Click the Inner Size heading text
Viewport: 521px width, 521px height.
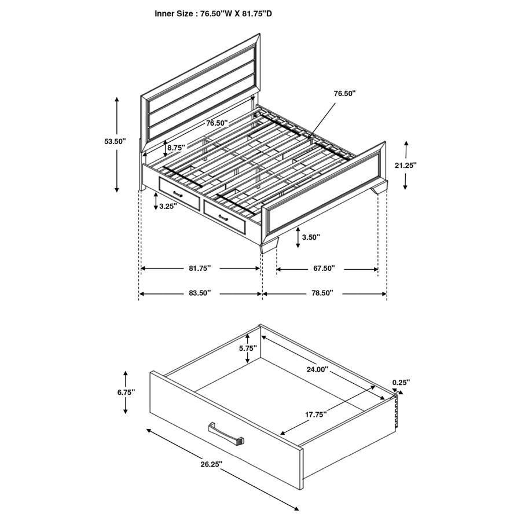pyautogui.click(x=213, y=13)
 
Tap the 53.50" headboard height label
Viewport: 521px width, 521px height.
pyautogui.click(x=115, y=141)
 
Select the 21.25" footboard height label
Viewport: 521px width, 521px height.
pyautogui.click(x=405, y=165)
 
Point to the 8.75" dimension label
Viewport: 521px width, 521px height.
pyautogui.click(x=175, y=148)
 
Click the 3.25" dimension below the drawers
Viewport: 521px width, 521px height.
pyautogui.click(x=168, y=206)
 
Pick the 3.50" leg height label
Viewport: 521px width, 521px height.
pyautogui.click(x=310, y=237)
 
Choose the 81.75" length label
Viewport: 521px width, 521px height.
pyautogui.click(x=200, y=269)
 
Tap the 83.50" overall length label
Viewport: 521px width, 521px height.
pyautogui.click(x=200, y=293)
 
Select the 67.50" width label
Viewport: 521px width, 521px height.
pyautogui.click(x=324, y=269)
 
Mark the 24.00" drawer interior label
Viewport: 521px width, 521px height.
pyautogui.click(x=317, y=369)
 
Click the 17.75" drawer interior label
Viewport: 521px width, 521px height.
pyautogui.click(x=316, y=414)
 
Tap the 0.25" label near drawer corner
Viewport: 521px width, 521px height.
pyautogui.click(x=401, y=382)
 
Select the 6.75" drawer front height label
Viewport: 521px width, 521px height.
pyautogui.click(x=125, y=392)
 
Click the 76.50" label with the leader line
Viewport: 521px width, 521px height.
pyautogui.click(x=345, y=93)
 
